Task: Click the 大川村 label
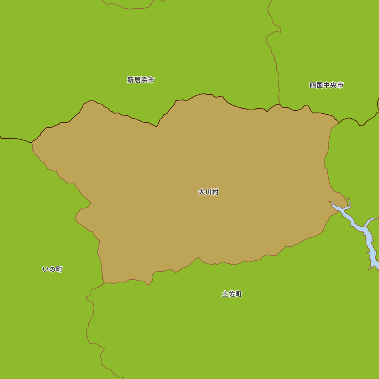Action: point(208,192)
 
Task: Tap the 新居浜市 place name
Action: point(141,80)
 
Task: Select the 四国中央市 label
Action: point(326,85)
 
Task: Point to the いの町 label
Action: point(53,269)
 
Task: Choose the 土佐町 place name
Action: point(232,294)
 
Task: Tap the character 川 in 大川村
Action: point(208,192)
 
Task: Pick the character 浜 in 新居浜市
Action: point(144,80)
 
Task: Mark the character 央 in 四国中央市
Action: point(333,85)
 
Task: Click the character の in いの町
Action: point(53,269)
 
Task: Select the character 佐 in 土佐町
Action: point(232,294)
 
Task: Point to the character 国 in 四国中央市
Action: point(319,85)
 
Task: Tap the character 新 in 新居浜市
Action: point(130,80)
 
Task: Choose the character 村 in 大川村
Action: point(215,192)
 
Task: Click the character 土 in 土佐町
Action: point(225,294)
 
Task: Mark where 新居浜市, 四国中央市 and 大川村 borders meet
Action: point(279,104)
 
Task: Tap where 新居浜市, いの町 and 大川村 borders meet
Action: point(32,143)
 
